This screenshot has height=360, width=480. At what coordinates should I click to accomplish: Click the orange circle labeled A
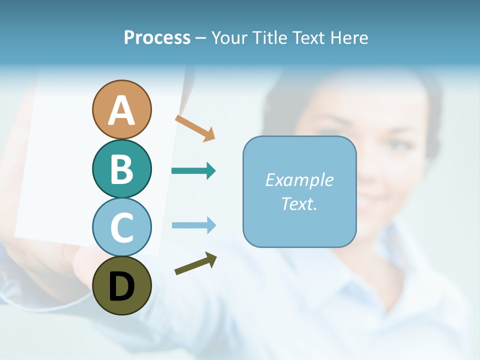click(121, 109)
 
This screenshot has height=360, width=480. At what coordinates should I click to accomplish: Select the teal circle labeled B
click(121, 168)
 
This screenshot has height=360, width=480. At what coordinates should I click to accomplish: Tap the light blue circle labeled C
click(121, 227)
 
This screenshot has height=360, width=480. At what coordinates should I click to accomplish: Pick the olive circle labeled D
click(121, 285)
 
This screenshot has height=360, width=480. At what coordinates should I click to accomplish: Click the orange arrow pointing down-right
click(195, 127)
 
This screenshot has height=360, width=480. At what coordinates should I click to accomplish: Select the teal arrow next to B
click(193, 171)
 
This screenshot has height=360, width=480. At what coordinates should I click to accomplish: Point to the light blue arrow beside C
click(193, 225)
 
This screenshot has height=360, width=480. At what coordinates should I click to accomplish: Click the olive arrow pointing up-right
click(195, 263)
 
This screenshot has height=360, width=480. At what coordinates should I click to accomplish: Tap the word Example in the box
click(299, 180)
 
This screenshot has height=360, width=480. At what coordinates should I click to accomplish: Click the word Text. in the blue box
click(299, 203)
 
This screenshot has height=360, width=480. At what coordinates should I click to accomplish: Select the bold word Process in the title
click(157, 37)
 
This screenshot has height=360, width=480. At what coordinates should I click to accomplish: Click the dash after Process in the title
click(200, 38)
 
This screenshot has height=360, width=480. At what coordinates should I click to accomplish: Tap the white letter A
click(121, 110)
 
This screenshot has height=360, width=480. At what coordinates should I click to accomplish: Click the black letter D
click(121, 286)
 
